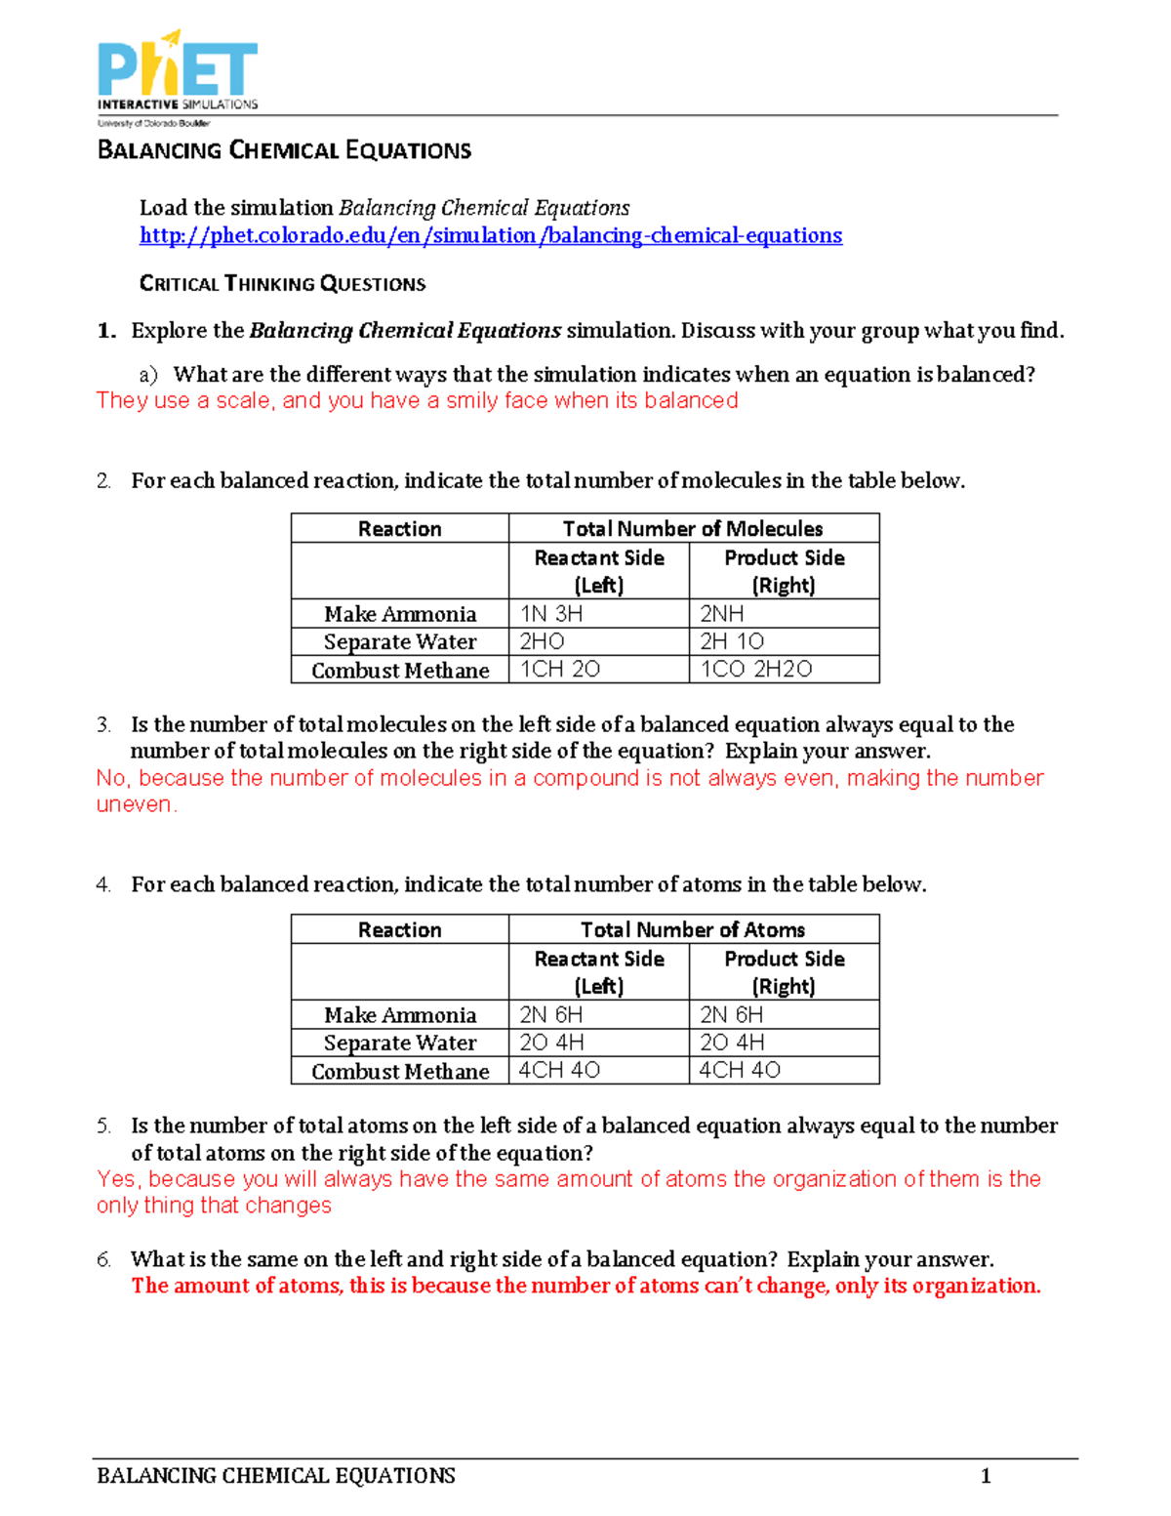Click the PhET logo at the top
tap(178, 76)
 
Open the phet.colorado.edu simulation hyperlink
tap(490, 235)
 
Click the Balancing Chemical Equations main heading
tap(284, 150)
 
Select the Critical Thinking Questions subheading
tap(282, 284)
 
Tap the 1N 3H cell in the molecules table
tap(551, 614)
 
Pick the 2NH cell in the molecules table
tap(722, 614)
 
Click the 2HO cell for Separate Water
tap(542, 641)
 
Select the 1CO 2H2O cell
tap(756, 670)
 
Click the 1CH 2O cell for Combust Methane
tap(559, 670)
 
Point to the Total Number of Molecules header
tap(693, 529)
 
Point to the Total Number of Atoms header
tap(693, 930)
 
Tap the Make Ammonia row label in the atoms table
tap(400, 1015)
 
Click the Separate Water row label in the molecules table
tap(400, 642)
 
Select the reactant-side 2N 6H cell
tap(550, 1015)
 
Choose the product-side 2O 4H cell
tap(732, 1043)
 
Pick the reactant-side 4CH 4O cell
tap(559, 1071)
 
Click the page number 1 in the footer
tap(986, 1476)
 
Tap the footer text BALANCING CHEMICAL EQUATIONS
tap(276, 1476)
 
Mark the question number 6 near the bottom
tap(103, 1260)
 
